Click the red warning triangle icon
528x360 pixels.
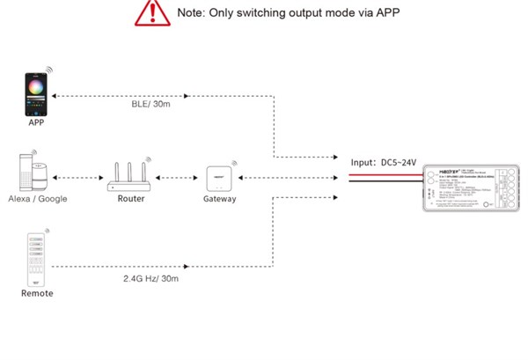tap(151, 12)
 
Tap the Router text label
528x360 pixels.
tap(130, 199)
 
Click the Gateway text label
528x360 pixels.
tap(219, 200)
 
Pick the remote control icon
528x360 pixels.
tap(36, 259)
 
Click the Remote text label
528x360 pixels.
tap(37, 293)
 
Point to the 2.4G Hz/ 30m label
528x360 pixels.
tap(151, 278)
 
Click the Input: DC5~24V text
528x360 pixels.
tap(385, 162)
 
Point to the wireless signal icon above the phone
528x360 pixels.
tap(49, 68)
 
